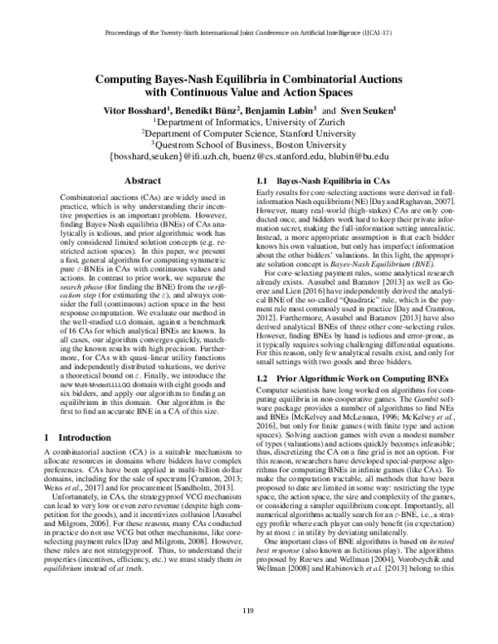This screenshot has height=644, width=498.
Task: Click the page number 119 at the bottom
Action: (x=248, y=612)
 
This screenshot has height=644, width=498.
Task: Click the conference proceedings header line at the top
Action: (x=249, y=36)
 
